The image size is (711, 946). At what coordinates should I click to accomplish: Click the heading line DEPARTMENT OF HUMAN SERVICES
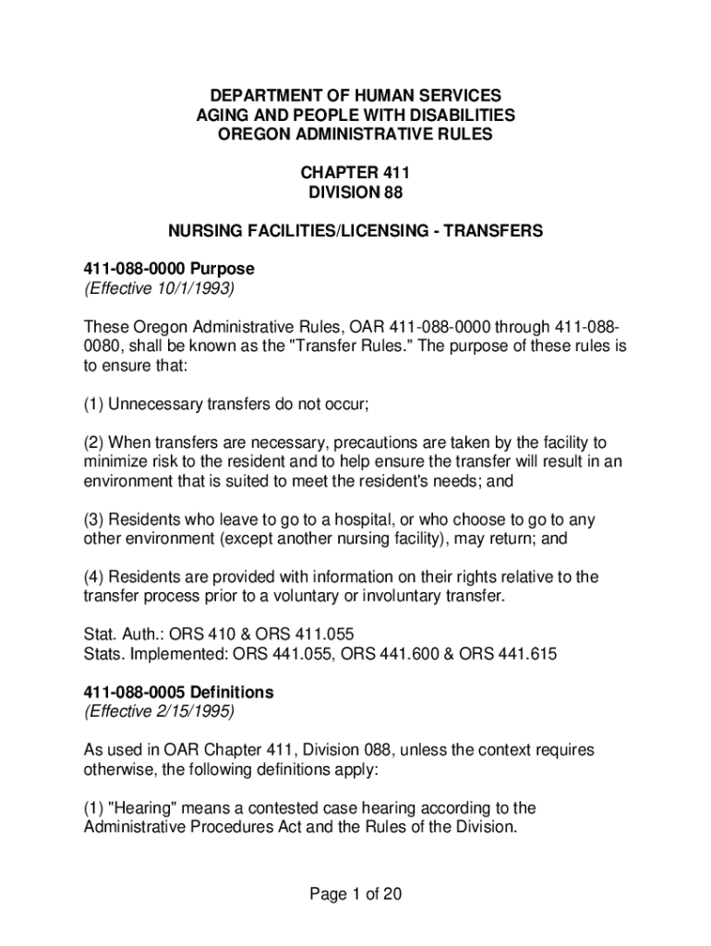coord(355,96)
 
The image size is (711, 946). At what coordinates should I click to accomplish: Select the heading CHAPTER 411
coord(355,173)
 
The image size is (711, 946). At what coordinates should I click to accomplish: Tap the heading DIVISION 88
coord(355,192)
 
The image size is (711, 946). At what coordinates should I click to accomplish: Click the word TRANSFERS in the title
coord(497,231)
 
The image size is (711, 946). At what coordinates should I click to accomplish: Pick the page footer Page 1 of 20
coord(355,894)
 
